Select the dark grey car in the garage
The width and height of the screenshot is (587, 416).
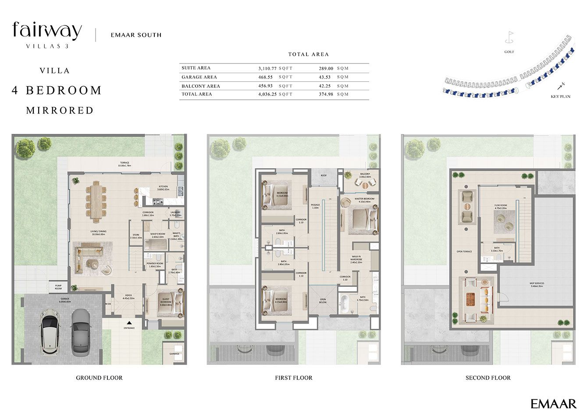click(x=81, y=331)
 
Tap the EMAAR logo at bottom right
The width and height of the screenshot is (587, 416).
click(x=553, y=403)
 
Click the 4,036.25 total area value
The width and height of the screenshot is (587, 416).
click(x=267, y=94)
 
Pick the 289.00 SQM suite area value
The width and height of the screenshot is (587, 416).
click(x=326, y=68)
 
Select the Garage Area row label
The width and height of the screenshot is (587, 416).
click(x=199, y=77)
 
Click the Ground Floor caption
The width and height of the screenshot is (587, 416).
click(x=99, y=377)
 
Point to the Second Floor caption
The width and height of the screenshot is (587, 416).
click(x=488, y=377)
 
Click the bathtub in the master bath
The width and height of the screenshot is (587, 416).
click(x=344, y=303)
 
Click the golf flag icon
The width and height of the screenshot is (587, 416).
click(x=509, y=38)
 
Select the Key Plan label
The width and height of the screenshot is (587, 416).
click(x=560, y=96)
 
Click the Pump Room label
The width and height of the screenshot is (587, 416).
click(x=58, y=287)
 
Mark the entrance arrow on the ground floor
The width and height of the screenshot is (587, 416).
click(x=129, y=323)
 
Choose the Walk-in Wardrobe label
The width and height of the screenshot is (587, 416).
click(x=356, y=259)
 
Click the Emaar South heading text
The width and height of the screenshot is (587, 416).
click(x=136, y=35)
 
